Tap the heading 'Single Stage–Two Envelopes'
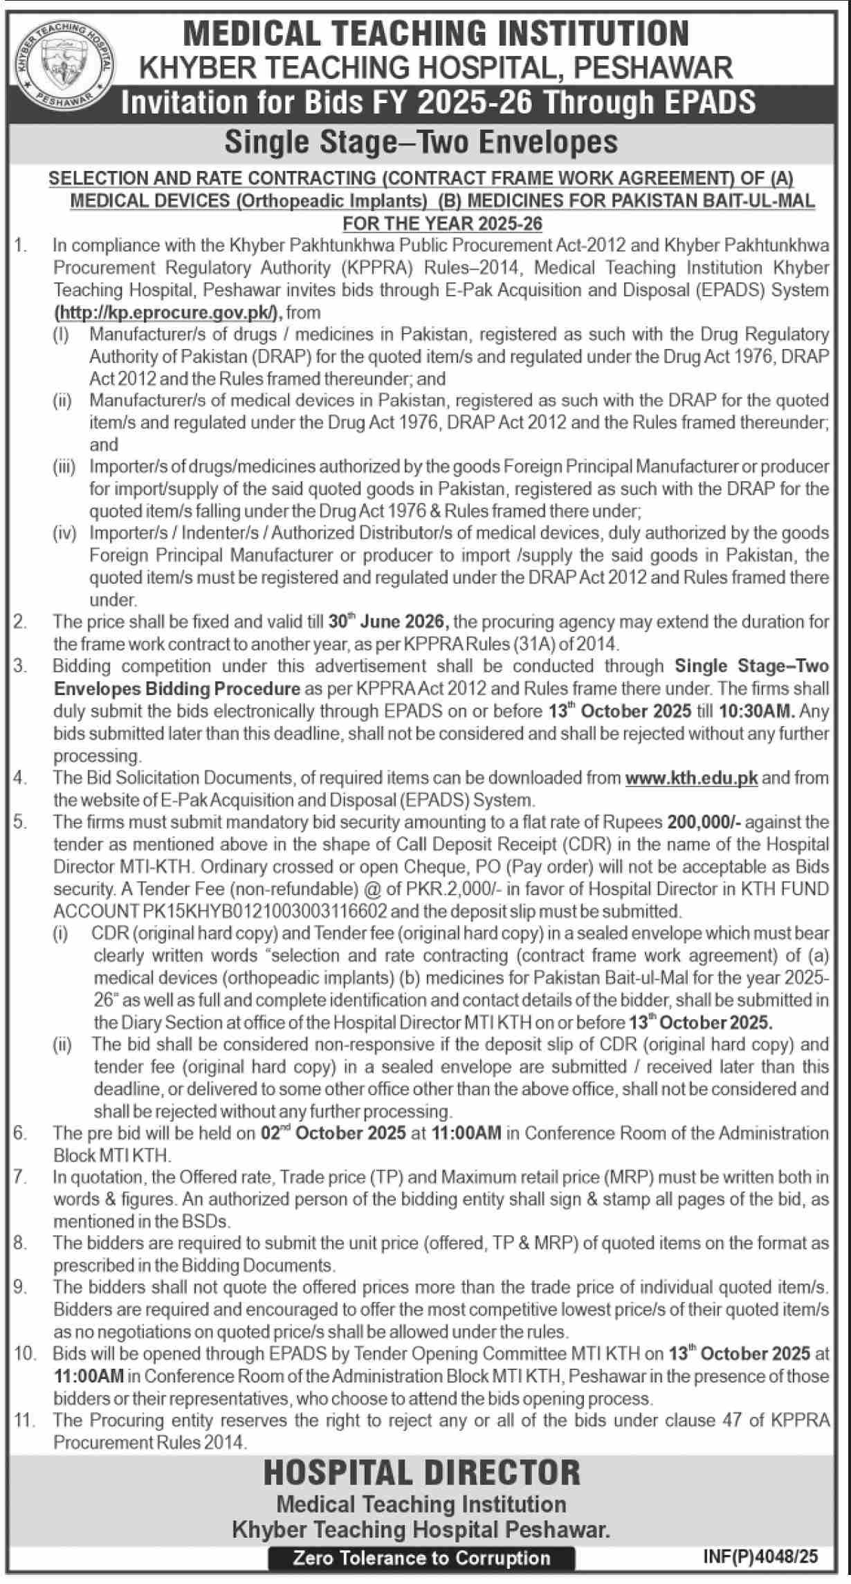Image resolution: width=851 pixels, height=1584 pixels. click(421, 142)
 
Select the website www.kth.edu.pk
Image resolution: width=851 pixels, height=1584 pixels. click(691, 778)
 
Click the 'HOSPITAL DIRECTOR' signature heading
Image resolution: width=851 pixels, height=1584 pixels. click(421, 1473)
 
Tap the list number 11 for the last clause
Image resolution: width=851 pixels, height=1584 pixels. click(24, 1421)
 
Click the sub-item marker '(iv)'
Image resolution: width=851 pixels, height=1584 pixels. click(65, 533)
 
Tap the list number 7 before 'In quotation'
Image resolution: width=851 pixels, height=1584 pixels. click(20, 1177)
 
